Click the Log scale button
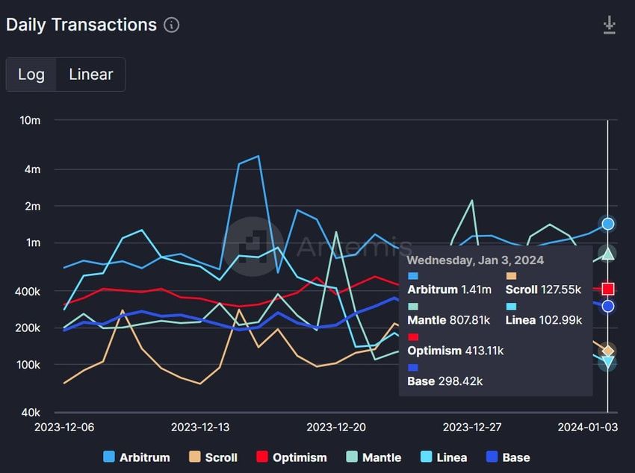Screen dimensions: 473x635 coord(31,75)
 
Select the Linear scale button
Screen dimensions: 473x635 coord(90,75)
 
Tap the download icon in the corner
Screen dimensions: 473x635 coord(610,25)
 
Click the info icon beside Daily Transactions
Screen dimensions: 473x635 coord(171,25)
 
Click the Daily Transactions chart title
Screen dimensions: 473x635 coord(81,25)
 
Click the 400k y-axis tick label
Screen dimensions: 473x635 coord(28,291)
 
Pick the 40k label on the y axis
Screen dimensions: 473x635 coord(30,413)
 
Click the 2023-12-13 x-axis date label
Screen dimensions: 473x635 coord(199,427)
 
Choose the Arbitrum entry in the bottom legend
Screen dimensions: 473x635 coord(137,457)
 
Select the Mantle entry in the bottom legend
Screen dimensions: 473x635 coord(374,457)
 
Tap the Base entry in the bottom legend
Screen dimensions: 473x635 coord(508,457)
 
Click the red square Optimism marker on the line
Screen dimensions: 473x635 coord(608,289)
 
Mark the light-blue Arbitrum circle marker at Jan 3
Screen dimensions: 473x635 coord(608,224)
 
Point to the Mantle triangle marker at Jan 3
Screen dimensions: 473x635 coord(608,254)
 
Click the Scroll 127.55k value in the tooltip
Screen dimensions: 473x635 coord(559,289)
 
